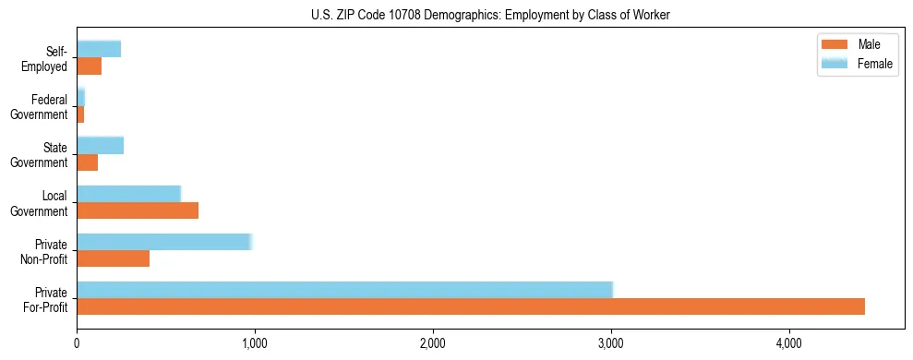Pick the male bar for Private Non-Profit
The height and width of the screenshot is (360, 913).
point(113,258)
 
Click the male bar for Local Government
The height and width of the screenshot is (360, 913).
point(138,210)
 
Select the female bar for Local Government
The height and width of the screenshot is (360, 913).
point(128,194)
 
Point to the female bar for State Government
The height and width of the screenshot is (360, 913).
point(100,145)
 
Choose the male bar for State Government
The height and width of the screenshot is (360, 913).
point(87,162)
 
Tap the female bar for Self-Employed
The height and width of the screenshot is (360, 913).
point(99,49)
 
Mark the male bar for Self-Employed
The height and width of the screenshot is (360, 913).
point(89,66)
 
